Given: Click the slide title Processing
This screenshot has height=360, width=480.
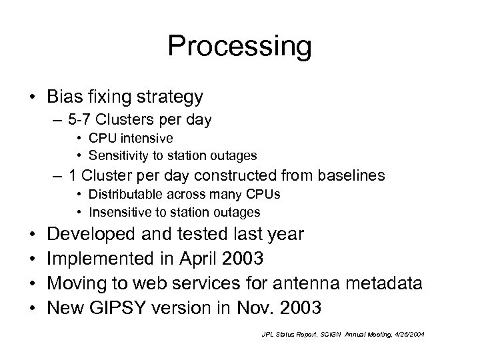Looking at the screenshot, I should pos(239,47).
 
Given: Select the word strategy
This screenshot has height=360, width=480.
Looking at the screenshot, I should pos(170,98).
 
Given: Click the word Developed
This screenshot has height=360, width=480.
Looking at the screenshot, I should pos(93,235).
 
